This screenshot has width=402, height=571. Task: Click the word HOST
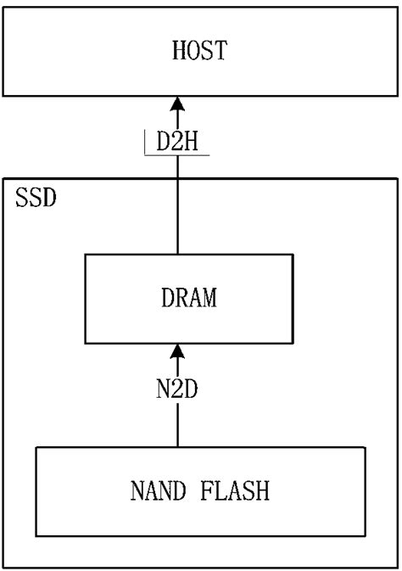(199, 51)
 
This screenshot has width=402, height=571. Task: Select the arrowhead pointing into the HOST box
(177, 104)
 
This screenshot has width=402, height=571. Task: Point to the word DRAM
(188, 298)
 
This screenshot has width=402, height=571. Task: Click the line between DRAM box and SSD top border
(177, 216)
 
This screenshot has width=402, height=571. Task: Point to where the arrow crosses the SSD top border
(177, 178)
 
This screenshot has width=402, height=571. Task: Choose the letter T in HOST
(221, 51)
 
